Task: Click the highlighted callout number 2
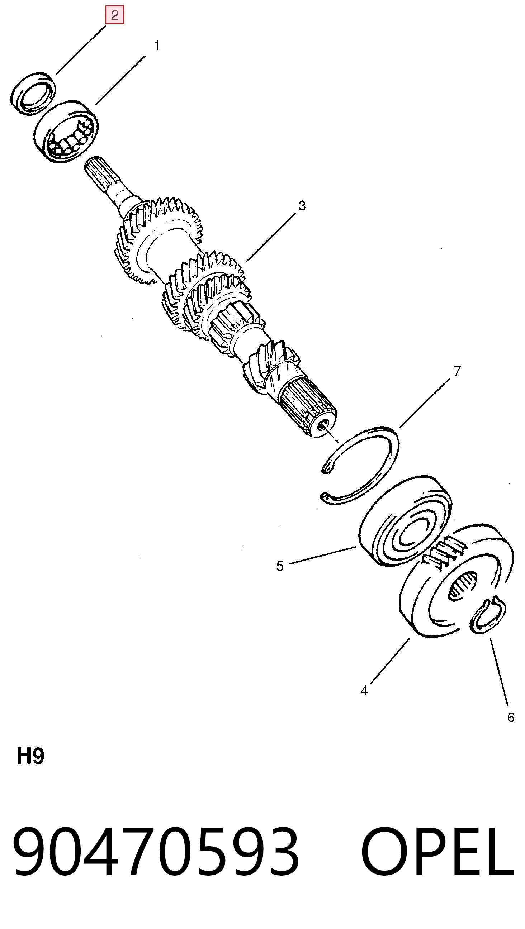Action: click(x=115, y=15)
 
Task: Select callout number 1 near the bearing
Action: click(x=157, y=46)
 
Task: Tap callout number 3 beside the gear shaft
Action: click(x=302, y=206)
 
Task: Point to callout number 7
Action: click(x=457, y=371)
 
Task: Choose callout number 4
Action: click(x=364, y=690)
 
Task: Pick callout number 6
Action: click(x=511, y=718)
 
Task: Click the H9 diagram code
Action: click(x=30, y=757)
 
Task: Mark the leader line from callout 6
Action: click(x=499, y=671)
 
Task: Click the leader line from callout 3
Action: click(x=271, y=237)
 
